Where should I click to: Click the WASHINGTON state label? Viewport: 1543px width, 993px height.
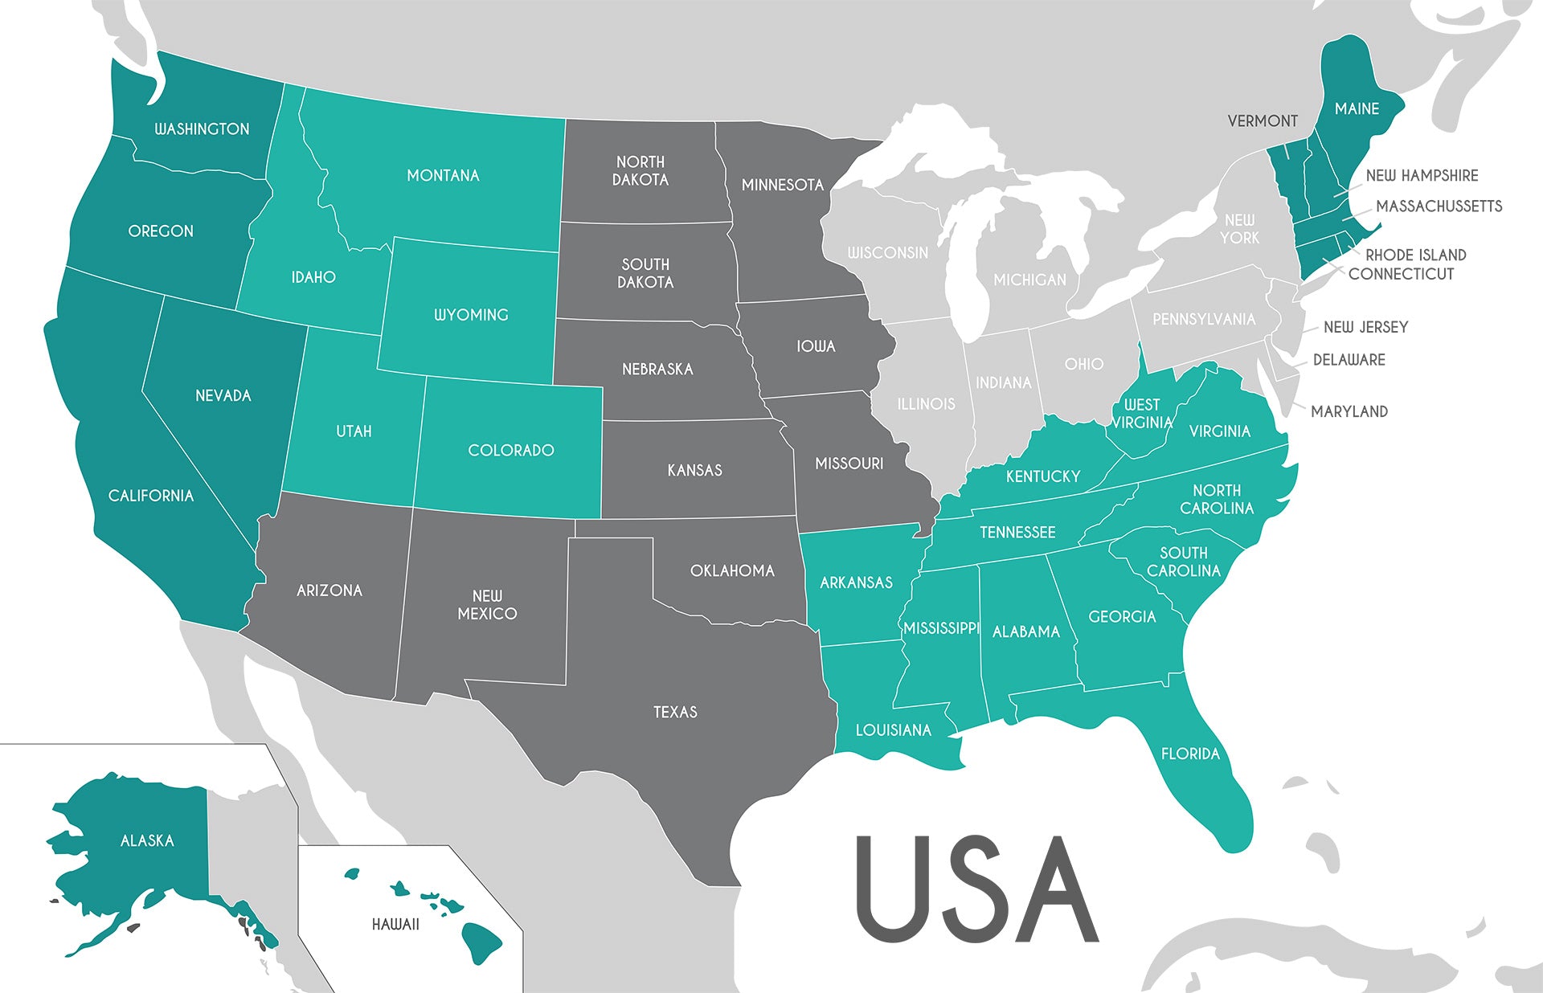[202, 129]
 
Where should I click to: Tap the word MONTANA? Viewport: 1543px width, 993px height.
[443, 176]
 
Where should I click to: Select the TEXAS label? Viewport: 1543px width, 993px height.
[675, 713]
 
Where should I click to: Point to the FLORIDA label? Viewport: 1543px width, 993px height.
[1190, 754]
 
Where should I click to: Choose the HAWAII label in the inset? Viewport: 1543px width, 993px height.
[395, 925]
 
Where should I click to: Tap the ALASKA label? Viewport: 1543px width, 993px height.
[147, 841]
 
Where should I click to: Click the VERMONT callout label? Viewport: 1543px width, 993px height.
[1263, 121]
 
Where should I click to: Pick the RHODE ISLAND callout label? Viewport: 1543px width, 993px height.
[1415, 255]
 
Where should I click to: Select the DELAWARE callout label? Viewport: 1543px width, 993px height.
[1349, 360]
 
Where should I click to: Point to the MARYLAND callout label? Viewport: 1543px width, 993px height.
[1349, 412]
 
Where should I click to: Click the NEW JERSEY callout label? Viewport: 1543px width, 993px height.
[1365, 328]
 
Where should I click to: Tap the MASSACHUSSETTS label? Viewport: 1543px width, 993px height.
[1439, 206]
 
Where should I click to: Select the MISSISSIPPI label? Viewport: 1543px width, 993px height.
[941, 628]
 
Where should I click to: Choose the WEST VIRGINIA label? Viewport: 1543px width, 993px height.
[1142, 414]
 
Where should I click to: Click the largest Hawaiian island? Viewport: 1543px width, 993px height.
[481, 941]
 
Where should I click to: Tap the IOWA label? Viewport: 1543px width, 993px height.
[816, 346]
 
